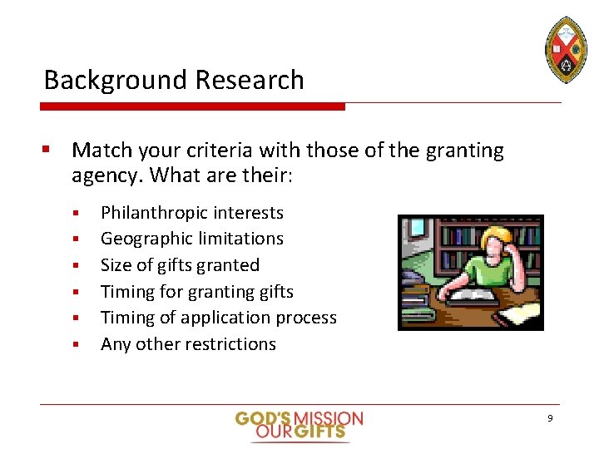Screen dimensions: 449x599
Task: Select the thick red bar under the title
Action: pyautogui.click(x=192, y=106)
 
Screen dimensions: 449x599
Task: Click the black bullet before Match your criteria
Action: pyautogui.click(x=48, y=150)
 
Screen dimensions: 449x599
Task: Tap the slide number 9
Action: pyautogui.click(x=550, y=418)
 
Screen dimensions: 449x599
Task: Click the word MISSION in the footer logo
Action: pyautogui.click(x=329, y=418)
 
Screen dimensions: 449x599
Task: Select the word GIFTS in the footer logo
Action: pyautogui.click(x=319, y=432)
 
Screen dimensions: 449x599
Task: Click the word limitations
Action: pyautogui.click(x=241, y=239)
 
